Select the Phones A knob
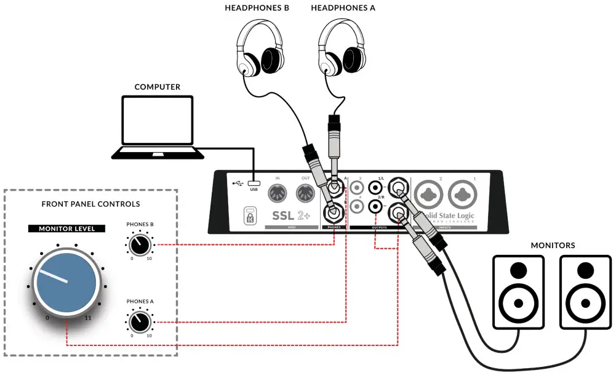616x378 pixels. pos(140,320)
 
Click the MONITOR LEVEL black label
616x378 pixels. pos(66,228)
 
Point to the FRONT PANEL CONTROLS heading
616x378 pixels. pos(90,204)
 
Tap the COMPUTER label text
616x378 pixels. pos(158,87)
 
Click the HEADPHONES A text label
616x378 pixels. pos(343,8)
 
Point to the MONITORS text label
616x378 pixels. pos(553,246)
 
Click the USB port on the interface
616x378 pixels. pos(254,183)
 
